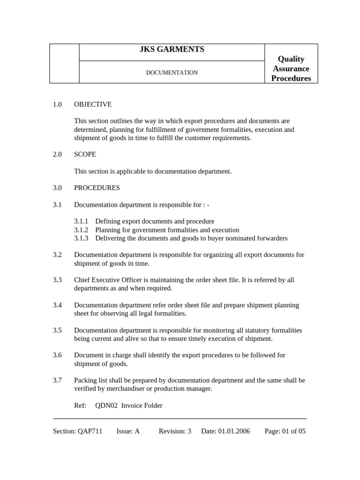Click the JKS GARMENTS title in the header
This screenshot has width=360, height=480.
(172, 50)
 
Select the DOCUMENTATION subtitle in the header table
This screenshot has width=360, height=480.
(172, 73)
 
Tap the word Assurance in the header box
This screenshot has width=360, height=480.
(291, 68)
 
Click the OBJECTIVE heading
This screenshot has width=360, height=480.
(93, 105)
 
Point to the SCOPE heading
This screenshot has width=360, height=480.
(85, 154)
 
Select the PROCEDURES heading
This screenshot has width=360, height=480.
(97, 188)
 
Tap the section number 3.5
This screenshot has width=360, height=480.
(57, 330)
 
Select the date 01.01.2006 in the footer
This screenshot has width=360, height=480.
(234, 431)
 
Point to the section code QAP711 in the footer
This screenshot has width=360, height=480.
(90, 431)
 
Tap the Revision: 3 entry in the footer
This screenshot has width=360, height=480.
(175, 431)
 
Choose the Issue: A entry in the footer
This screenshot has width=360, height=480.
(128, 431)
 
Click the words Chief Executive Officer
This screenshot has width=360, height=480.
(103, 280)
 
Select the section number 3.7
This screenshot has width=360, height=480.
(57, 380)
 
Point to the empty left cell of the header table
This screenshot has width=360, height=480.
(64, 64)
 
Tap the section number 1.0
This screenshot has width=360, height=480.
(57, 105)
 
